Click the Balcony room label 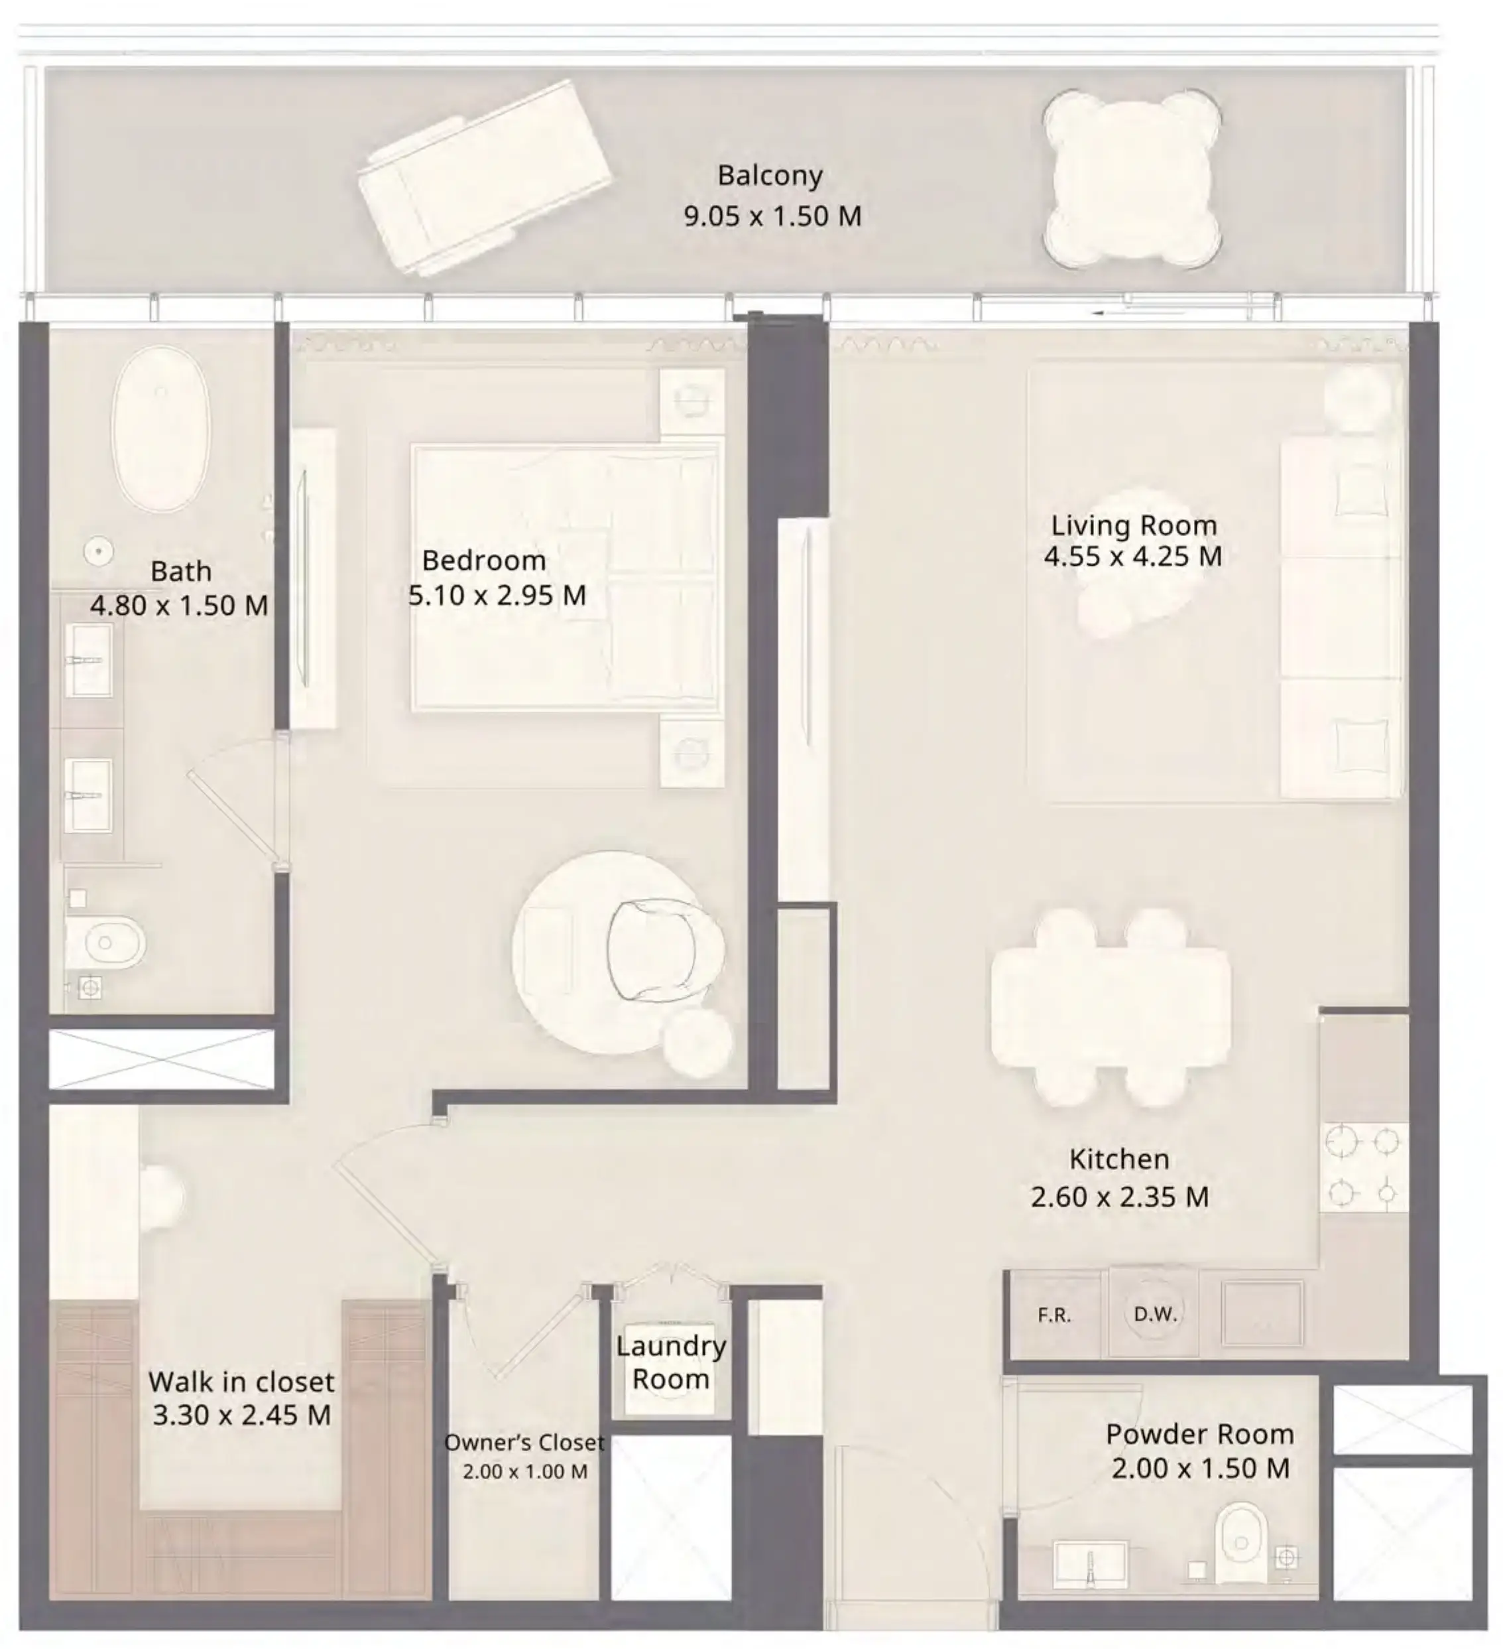click(x=770, y=176)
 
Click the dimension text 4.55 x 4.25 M click(x=1132, y=557)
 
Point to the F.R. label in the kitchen click(x=1054, y=1315)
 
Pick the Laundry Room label click(x=670, y=1362)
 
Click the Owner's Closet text click(x=524, y=1442)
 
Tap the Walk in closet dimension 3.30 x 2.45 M click(x=242, y=1414)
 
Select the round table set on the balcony click(x=1132, y=179)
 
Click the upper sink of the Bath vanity click(x=88, y=660)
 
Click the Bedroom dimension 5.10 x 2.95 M click(x=497, y=596)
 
